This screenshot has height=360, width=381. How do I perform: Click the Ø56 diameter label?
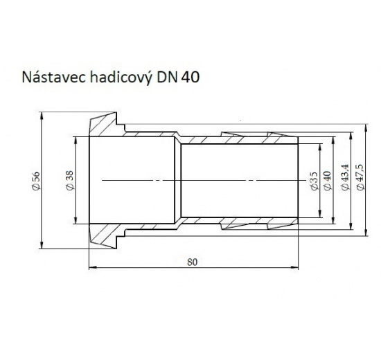pos(35,179)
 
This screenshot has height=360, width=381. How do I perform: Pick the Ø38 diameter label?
pos(68,179)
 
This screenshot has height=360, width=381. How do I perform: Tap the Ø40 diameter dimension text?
pos(328,180)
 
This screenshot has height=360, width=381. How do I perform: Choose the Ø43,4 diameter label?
pos(344,180)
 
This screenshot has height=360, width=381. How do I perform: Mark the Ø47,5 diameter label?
pos(360,180)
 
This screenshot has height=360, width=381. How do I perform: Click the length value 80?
pos(193,262)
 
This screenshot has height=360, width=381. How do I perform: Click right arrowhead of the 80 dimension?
pos(296,268)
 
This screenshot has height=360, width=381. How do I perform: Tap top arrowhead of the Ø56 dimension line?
pos(43,118)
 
